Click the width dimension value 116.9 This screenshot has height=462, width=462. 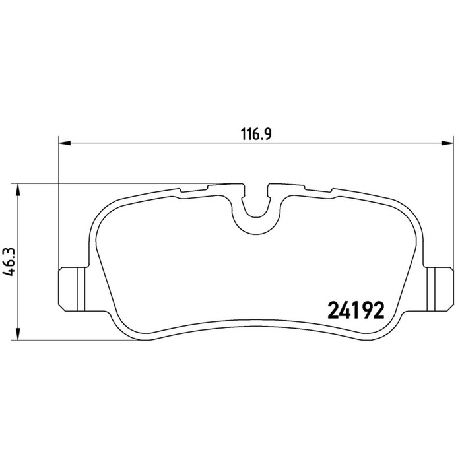pyautogui.click(x=256, y=134)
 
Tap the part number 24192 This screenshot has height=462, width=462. pyautogui.click(x=356, y=311)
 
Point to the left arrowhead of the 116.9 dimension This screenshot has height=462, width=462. pyautogui.click(x=65, y=143)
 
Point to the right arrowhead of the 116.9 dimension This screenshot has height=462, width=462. pyautogui.click(x=447, y=143)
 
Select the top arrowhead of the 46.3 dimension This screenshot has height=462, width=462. pyautogui.click(x=18, y=190)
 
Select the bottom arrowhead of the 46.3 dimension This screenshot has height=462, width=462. pyautogui.click(x=18, y=333)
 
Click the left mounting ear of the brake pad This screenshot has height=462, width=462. pyautogui.click(x=72, y=289)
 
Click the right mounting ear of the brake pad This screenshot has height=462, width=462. pyautogui.click(x=439, y=289)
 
